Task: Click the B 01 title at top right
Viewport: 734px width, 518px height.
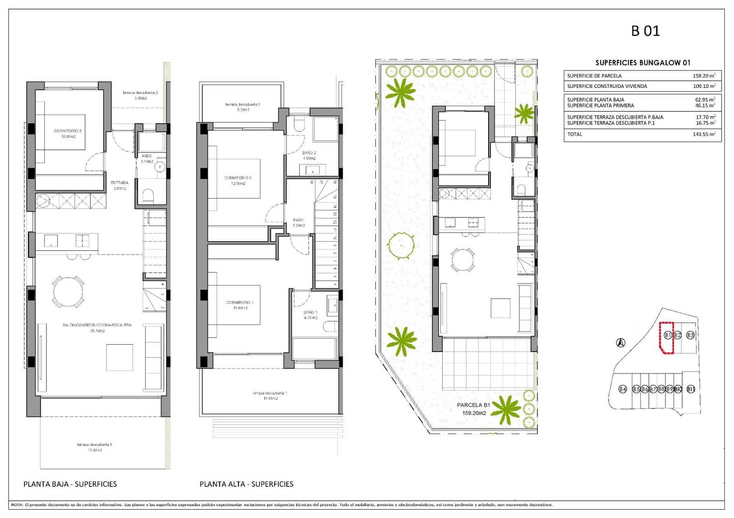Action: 645,31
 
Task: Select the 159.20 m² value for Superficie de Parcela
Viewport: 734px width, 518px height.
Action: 704,76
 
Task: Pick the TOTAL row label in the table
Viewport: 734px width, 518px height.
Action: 574,134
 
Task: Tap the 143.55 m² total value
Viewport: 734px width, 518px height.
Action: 704,134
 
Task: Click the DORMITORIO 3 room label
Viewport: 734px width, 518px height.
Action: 67,131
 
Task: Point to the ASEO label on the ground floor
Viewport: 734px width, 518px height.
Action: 146,156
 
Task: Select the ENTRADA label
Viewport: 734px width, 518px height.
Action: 119,182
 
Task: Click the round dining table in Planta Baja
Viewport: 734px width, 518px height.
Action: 68,292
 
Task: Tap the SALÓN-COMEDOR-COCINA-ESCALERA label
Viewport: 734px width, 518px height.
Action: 97,325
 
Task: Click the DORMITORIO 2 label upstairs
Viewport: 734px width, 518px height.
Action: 238,178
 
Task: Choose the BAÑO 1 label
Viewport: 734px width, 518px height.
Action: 310,312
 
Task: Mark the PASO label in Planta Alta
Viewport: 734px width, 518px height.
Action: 298,220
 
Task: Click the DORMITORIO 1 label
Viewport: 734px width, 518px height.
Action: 239,303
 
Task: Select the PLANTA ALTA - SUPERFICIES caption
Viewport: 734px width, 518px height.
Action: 246,484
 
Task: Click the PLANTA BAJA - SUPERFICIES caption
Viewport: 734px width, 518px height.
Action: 70,484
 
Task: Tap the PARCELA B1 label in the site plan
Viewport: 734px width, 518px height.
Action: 473,405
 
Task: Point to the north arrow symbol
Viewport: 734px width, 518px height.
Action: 620,342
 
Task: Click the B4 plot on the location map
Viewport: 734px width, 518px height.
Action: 622,389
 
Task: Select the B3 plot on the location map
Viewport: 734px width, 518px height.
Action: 690,335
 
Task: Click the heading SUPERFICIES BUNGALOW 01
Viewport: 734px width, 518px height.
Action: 642,63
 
